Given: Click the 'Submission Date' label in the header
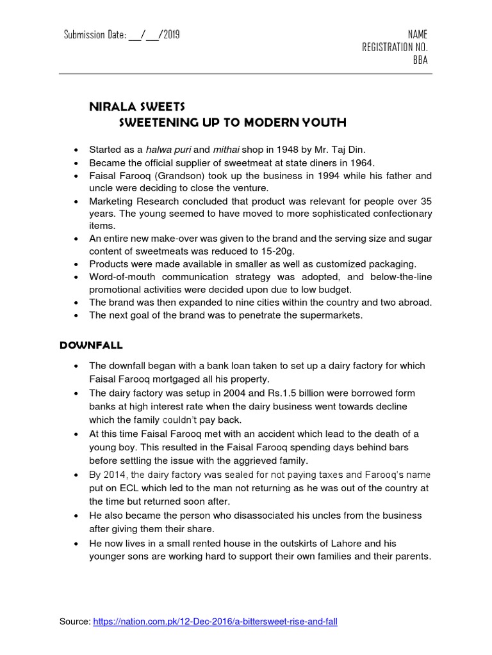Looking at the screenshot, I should tap(94, 35).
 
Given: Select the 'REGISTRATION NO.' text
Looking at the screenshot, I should tap(395, 47).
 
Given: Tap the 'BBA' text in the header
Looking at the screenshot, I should tap(420, 60).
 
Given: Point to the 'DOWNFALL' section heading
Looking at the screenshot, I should tap(90, 345).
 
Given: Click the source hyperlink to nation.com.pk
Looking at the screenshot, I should tap(215, 621).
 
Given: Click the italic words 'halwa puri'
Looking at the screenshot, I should tap(165, 150).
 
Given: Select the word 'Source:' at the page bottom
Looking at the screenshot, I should tap(74, 621).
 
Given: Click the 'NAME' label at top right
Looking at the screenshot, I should tap(417, 35).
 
